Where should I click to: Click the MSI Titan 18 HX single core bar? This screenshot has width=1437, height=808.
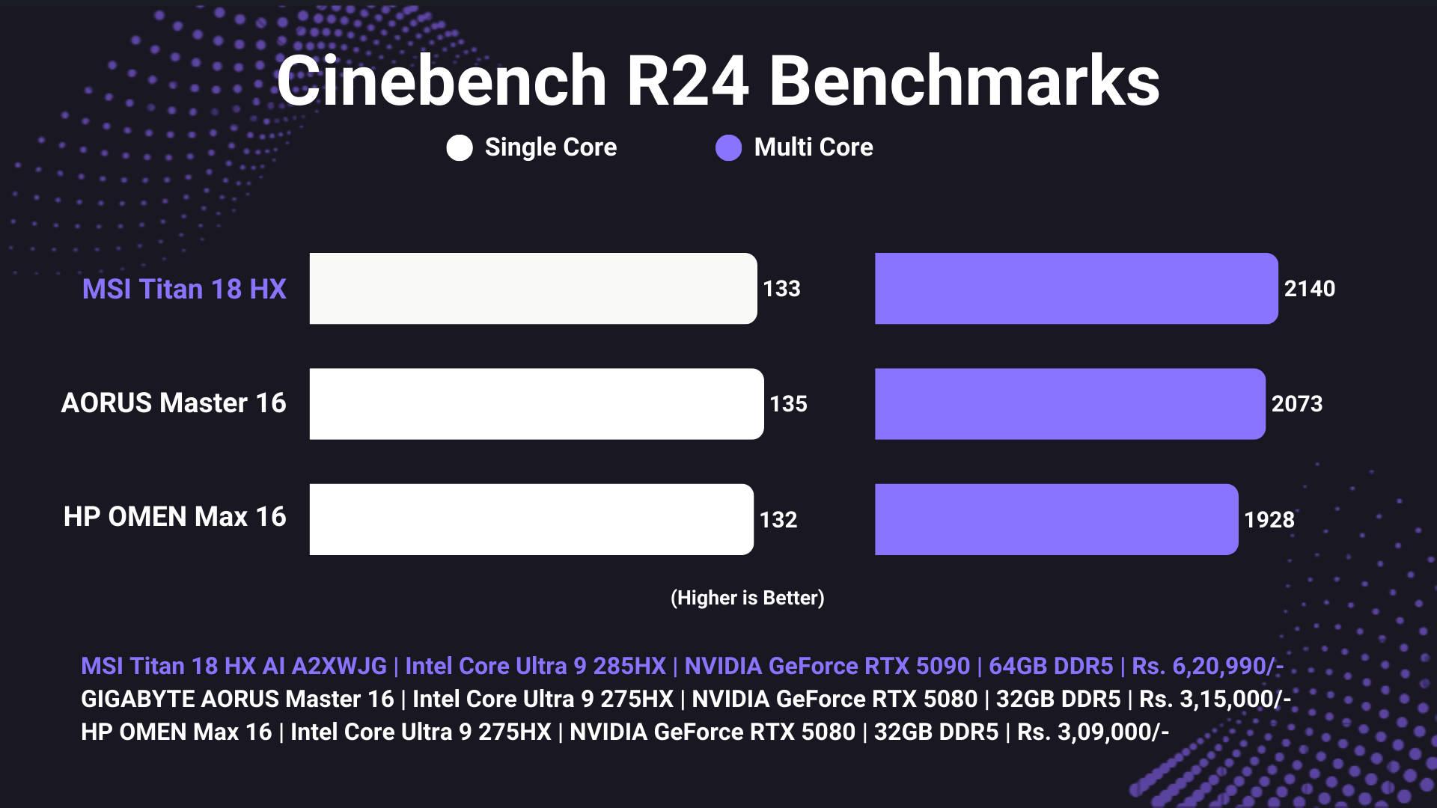[533, 289]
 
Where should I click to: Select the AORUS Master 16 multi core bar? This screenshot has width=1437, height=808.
[1070, 404]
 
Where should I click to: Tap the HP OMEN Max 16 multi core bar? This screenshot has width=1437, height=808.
[1056, 519]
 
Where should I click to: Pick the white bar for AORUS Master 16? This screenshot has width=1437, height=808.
[536, 404]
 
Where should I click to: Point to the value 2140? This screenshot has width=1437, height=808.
[1309, 289]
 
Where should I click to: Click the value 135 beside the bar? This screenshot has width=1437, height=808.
[788, 404]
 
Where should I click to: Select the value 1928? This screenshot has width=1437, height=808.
[1269, 520]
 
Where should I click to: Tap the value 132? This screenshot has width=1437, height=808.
[778, 520]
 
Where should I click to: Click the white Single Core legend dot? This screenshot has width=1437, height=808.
[460, 148]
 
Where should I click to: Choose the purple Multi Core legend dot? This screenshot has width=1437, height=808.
[728, 148]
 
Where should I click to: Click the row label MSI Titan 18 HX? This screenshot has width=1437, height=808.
[184, 290]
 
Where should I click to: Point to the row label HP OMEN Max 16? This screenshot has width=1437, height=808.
[174, 517]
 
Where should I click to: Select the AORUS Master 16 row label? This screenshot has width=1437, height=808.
[174, 403]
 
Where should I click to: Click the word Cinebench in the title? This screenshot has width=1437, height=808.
[442, 81]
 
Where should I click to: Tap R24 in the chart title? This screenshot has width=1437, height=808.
[686, 81]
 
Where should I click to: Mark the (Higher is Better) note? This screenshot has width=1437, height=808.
[747, 598]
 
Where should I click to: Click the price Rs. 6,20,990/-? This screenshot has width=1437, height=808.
[1207, 666]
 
